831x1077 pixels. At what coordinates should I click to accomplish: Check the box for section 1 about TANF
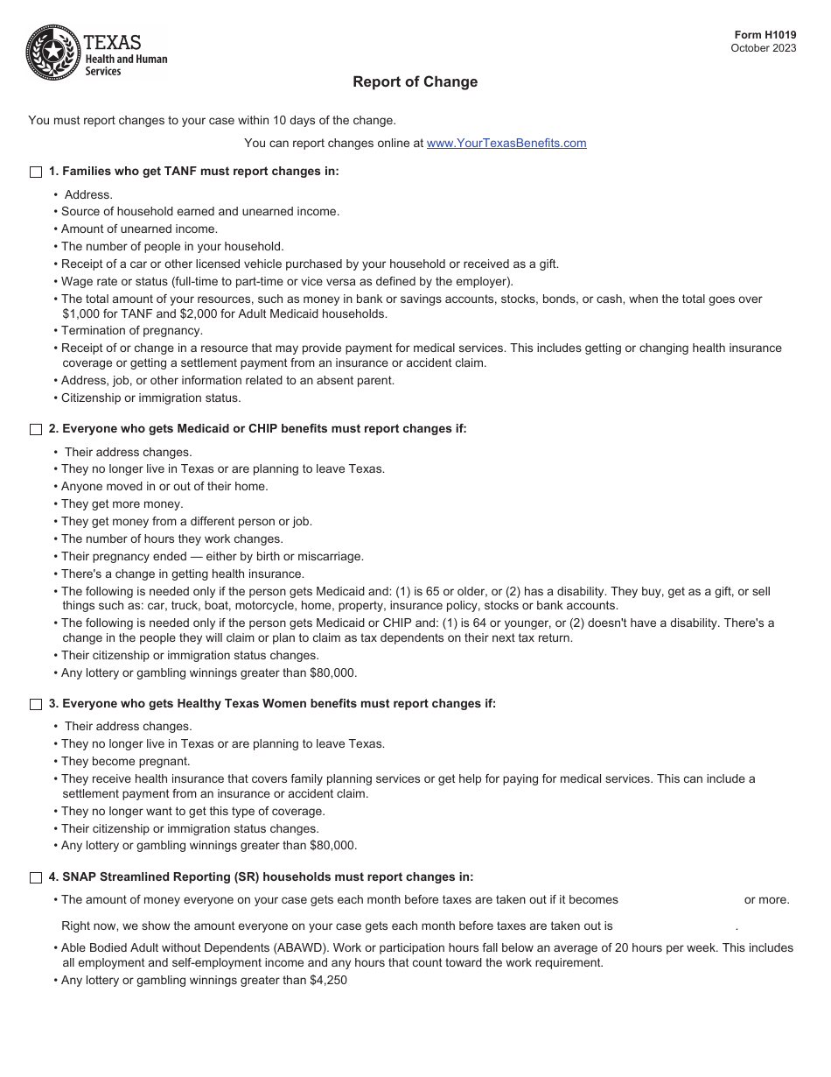pos(36,172)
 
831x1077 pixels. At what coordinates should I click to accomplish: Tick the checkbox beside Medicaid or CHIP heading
pos(36,430)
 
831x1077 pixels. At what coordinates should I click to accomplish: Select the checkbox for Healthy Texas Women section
pos(36,705)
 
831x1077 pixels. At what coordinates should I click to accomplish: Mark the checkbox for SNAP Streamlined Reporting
pos(36,877)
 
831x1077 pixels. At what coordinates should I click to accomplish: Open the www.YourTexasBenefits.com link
pos(506,144)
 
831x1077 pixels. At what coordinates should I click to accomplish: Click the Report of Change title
pos(415,82)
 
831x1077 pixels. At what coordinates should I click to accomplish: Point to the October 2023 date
pos(763,48)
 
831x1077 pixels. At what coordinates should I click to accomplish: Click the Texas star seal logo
pos(52,53)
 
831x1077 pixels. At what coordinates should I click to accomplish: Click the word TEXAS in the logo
pos(112,42)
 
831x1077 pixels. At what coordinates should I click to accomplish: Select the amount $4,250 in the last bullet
pos(328,981)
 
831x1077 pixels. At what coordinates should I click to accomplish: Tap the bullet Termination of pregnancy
pos(131,331)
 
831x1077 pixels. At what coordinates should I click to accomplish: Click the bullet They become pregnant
pos(125,762)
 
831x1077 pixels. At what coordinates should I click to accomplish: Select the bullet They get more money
pos(122,504)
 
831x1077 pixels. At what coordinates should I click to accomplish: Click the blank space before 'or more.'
pos(680,900)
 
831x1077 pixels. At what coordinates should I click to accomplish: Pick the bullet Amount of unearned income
pos(139,229)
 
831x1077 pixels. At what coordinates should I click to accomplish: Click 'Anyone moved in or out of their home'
pos(164,487)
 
